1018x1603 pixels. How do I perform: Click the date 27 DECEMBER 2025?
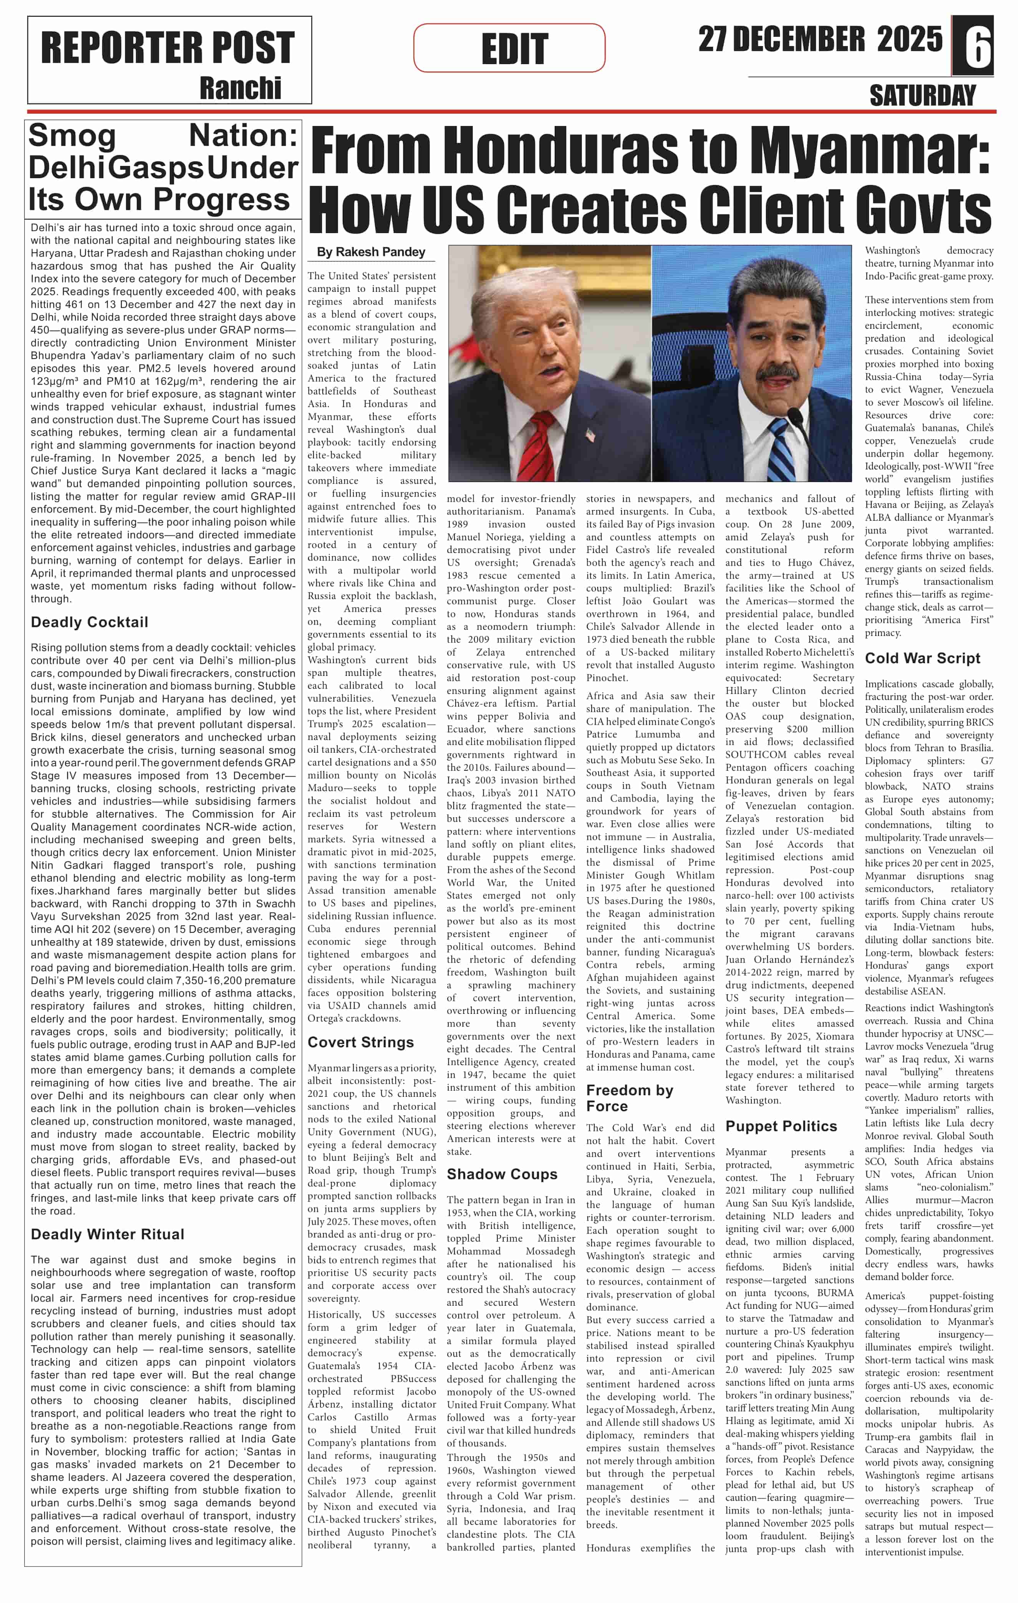820,40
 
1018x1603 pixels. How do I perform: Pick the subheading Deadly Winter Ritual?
107,1234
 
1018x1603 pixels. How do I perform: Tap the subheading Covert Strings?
360,1042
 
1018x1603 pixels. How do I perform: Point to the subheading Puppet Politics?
781,1126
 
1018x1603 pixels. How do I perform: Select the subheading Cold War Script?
922,658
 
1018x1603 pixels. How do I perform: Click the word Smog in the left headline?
72,136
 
